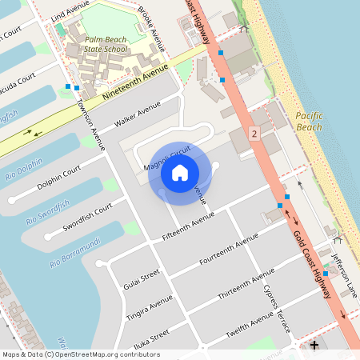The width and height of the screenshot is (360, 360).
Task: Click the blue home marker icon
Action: (x=180, y=173)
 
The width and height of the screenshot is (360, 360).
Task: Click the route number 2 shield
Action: (x=254, y=134)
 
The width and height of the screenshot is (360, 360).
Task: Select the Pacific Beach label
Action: (x=308, y=122)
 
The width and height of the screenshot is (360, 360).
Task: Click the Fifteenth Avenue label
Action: (x=188, y=226)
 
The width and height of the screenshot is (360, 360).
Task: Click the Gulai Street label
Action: (x=142, y=278)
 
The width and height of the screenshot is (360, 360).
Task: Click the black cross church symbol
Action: (x=314, y=346)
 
